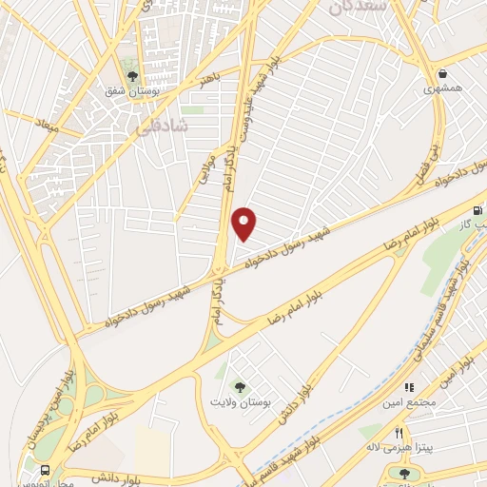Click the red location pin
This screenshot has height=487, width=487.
point(244,223)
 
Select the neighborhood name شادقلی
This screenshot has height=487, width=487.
point(169,126)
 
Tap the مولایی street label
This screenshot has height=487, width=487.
point(207,172)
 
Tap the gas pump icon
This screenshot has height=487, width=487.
point(478,210)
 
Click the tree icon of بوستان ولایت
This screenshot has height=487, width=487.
point(242,387)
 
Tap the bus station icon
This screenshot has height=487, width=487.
point(45,470)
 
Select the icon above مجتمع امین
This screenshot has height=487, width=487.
point(412,387)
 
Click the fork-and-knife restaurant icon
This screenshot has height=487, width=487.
point(372,433)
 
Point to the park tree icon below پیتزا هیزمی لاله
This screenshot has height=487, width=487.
point(403,472)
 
